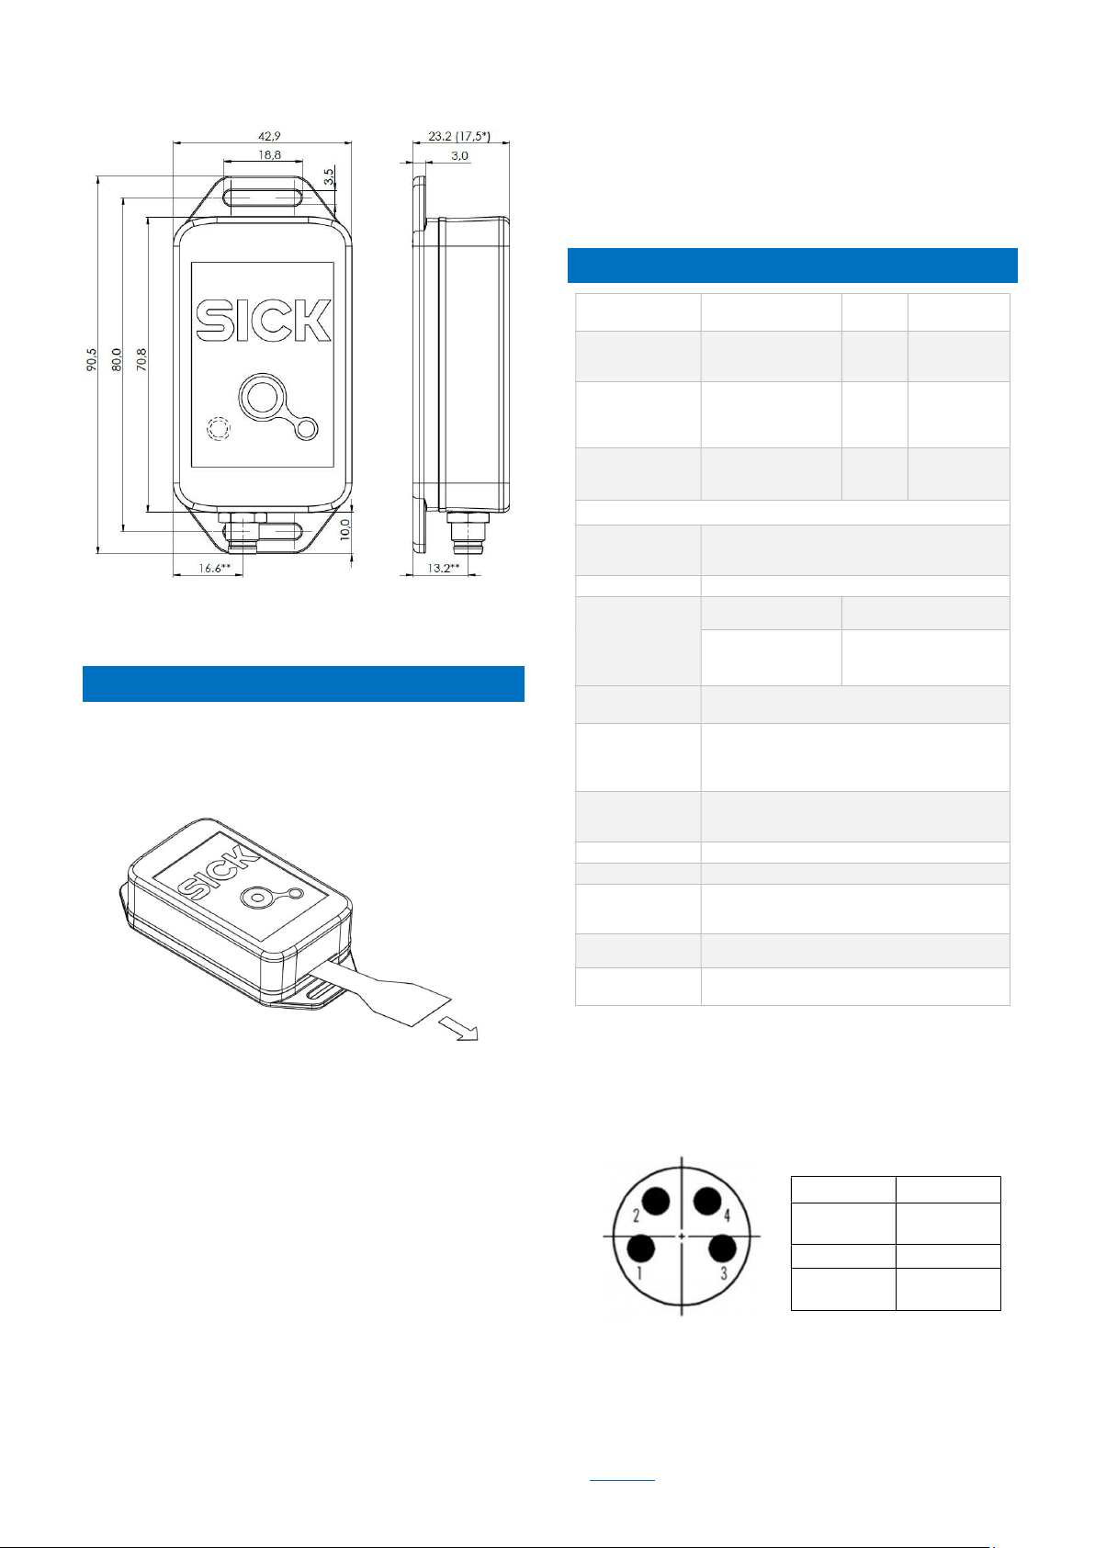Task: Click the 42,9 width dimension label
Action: (269, 136)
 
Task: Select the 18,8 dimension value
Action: (269, 154)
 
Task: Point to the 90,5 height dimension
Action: (92, 360)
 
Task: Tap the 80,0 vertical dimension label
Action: (117, 360)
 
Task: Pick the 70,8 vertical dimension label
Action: (141, 360)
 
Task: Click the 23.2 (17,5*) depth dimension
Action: (459, 136)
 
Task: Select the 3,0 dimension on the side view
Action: (459, 156)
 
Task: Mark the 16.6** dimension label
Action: (215, 568)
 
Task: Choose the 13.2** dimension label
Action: (443, 568)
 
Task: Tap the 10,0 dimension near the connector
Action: (345, 529)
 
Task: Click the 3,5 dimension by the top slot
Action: (329, 177)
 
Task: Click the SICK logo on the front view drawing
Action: (264, 321)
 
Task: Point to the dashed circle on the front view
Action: (219, 429)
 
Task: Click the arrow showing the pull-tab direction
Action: (459, 1029)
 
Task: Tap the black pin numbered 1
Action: (641, 1249)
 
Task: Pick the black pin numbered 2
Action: (656, 1201)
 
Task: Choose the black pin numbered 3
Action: (722, 1249)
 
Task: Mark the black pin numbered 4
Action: (707, 1201)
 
